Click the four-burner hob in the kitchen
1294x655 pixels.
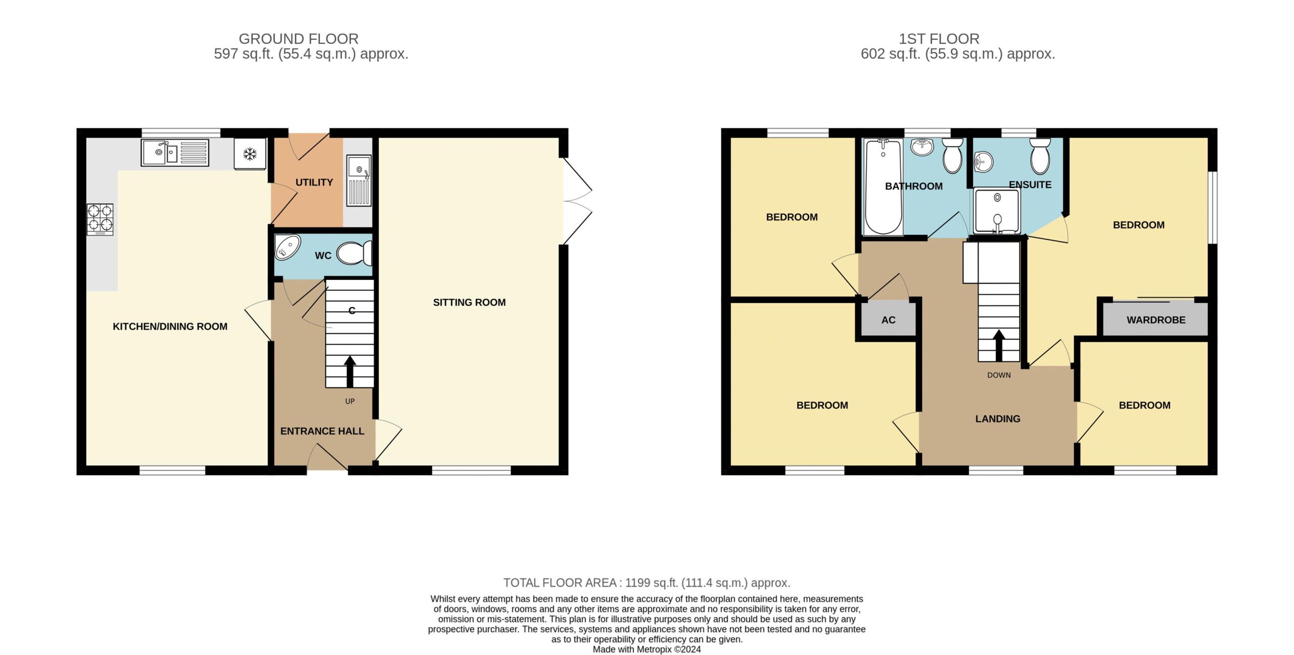100,219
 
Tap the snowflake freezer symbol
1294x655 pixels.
250,154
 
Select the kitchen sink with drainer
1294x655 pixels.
175,152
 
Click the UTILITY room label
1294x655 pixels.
314,182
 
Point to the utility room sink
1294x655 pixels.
359,180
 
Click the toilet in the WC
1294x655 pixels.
354,253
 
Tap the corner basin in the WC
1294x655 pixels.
288,247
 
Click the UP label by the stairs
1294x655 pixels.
350,401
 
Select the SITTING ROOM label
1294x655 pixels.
469,302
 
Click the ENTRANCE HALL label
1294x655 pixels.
322,431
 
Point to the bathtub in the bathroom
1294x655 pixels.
883,187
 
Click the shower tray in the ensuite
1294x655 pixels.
997,211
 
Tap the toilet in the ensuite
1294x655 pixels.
1040,156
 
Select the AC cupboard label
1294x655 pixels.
888,320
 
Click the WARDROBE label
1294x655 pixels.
1156,320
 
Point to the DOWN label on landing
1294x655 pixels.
999,375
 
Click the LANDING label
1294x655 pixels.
997,418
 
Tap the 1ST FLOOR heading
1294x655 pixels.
939,39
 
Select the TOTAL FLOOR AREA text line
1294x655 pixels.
646,583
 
